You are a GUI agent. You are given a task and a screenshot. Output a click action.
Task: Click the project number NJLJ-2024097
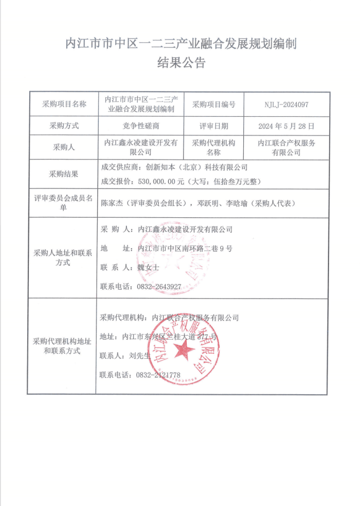tap(286, 104)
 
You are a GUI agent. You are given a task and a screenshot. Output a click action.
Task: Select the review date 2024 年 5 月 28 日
tap(286, 126)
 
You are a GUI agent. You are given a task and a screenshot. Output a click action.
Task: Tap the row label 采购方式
tap(64, 126)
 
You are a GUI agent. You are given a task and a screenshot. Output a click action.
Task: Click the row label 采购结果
tap(64, 174)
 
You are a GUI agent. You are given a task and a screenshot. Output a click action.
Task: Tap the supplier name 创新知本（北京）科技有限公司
tap(197, 167)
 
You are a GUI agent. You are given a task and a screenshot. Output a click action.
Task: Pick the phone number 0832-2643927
tap(158, 286)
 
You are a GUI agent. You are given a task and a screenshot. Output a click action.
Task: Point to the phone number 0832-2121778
tap(158, 375)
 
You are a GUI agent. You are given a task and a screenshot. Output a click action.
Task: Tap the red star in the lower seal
tap(184, 352)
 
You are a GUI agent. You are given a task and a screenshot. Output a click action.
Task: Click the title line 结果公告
tap(180, 63)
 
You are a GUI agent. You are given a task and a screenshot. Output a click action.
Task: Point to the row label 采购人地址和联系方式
tap(63, 258)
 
